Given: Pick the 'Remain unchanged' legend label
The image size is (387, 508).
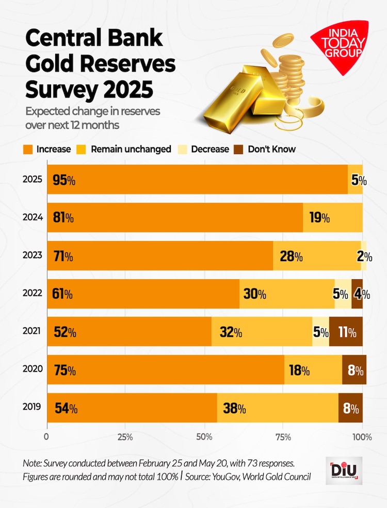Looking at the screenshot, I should click(x=131, y=149).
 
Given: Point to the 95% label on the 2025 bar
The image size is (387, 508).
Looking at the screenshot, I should click(x=64, y=180).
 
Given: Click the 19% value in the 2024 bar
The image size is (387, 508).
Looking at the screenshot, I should click(x=319, y=218).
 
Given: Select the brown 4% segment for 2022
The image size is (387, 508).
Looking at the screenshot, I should click(x=357, y=294).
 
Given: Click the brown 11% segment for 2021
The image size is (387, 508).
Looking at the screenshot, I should click(x=346, y=332).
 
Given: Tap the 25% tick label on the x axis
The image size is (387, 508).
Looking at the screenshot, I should click(x=125, y=437).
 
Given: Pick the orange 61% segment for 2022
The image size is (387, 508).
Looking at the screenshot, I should click(x=143, y=294).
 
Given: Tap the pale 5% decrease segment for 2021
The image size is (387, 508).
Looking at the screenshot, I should click(x=320, y=332).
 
